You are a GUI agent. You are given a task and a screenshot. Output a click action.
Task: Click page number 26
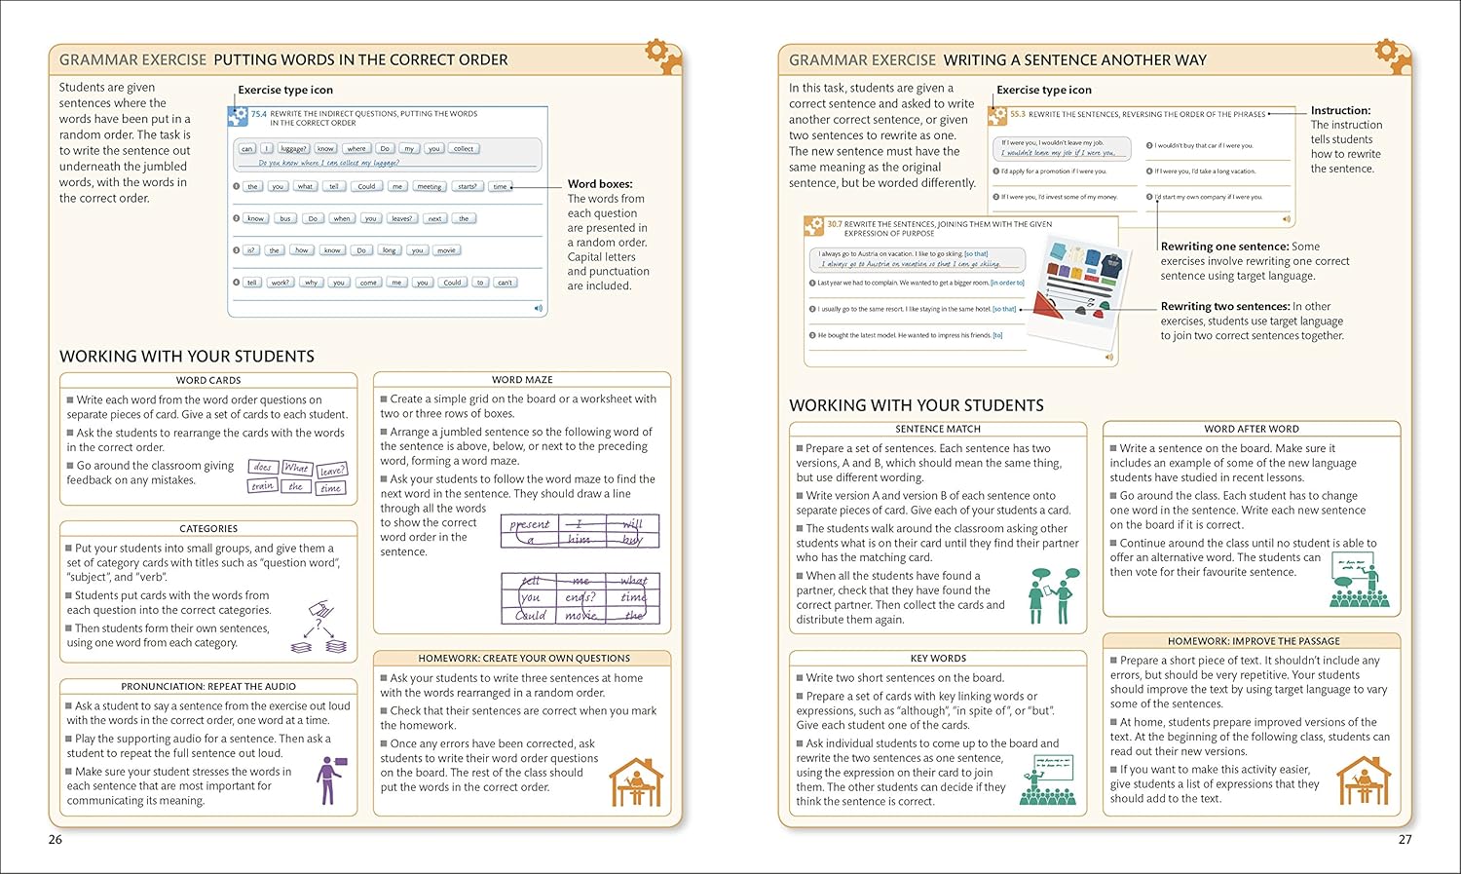[x=56, y=839]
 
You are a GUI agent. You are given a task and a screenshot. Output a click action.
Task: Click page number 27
[x=1405, y=839]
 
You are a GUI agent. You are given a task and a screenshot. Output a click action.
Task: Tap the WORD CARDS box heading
[x=208, y=380]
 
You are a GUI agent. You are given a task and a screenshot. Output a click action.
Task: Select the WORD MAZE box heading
[x=522, y=379]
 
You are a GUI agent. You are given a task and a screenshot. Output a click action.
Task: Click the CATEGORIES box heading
[x=208, y=528]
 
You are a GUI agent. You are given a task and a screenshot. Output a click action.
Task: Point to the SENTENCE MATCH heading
[x=938, y=429]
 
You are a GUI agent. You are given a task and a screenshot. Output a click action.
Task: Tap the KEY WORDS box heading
[x=938, y=658]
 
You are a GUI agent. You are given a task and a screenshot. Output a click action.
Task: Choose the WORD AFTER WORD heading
[x=1252, y=429]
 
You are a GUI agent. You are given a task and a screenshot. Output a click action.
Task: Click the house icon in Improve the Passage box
[x=1364, y=780]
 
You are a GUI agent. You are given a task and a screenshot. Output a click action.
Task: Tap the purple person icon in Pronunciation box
[x=329, y=779]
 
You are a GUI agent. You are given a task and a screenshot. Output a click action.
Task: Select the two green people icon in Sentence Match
[x=1053, y=595]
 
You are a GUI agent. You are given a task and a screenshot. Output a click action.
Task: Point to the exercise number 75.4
[x=259, y=114]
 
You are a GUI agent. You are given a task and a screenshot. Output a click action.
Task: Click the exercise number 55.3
[x=1017, y=114]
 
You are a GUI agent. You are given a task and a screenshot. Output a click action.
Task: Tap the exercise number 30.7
[x=835, y=224]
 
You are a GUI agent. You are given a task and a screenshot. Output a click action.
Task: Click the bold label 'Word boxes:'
[x=600, y=183]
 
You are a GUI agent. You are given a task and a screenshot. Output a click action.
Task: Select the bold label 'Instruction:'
[x=1340, y=110]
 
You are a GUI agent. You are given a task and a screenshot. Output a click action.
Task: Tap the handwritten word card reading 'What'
[x=296, y=468]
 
